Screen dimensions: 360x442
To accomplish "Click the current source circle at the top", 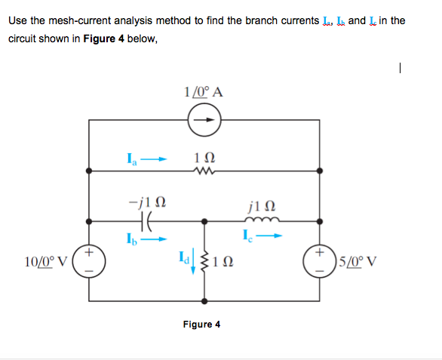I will pyautogui.click(x=202, y=120).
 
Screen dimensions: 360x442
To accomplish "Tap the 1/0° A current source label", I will pyautogui.click(x=202, y=93).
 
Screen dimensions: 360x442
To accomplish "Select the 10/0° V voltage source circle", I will pyautogui.click(x=90, y=262).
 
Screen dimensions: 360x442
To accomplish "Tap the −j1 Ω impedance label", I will pyautogui.click(x=146, y=202).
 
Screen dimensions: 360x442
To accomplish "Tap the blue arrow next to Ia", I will pyautogui.click(x=153, y=158).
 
